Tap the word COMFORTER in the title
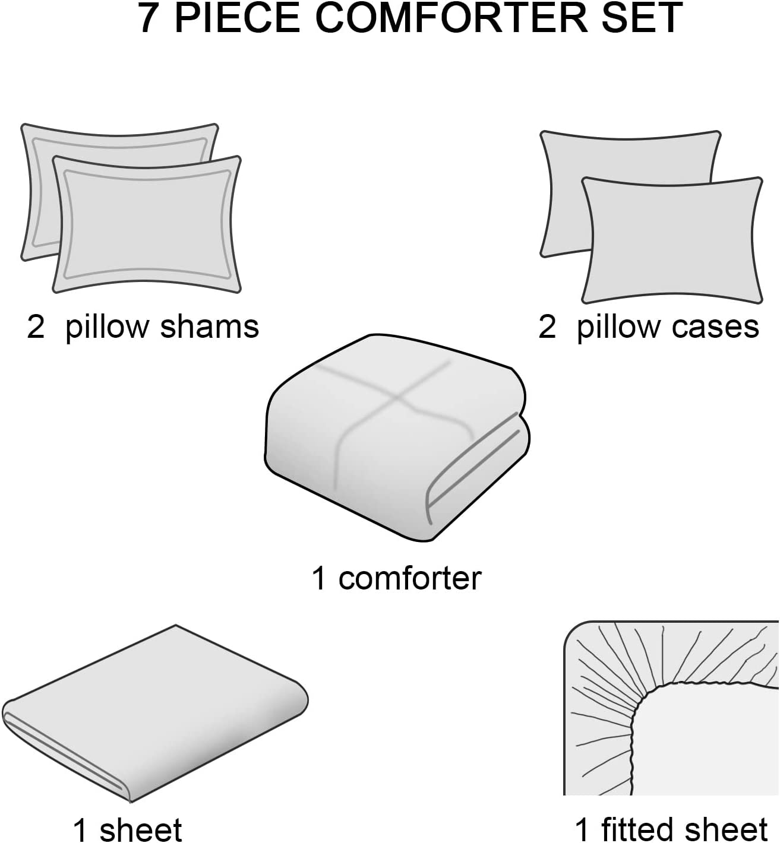(448, 18)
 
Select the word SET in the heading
(636, 18)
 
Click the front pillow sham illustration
(147, 224)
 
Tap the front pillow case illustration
(672, 240)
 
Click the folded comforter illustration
(397, 437)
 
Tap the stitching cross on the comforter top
(397, 398)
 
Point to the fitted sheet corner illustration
(671, 708)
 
